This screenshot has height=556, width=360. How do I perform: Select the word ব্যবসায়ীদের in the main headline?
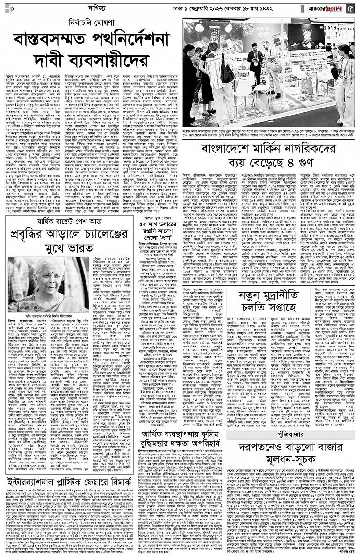point(112,61)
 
